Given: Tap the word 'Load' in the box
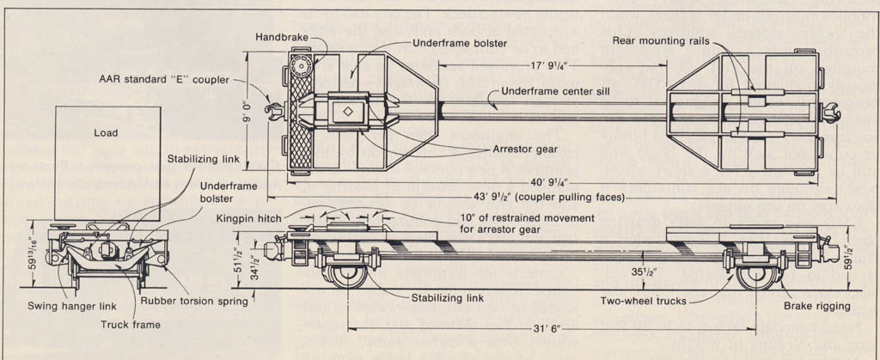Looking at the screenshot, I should pos(106,132).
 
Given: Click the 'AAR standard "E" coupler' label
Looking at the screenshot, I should pos(163,80).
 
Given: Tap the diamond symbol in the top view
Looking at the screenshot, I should pos(347,111).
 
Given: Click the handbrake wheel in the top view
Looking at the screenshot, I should pos(300,67).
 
